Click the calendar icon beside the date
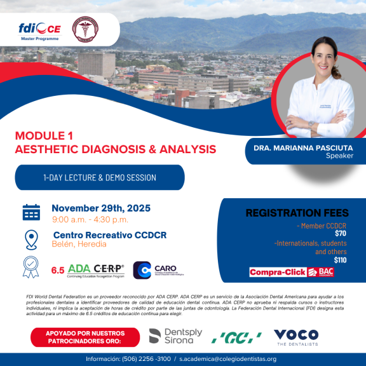31,212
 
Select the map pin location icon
31,240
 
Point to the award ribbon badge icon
31,267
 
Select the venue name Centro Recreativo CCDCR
110,234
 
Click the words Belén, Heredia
79,244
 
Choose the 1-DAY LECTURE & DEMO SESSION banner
100,178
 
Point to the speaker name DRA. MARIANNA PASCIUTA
301,147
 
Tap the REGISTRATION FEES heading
296,213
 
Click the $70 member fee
340,233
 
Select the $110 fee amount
340,260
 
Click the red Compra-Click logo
277,273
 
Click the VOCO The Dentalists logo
295,336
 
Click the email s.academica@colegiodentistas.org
227,359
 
